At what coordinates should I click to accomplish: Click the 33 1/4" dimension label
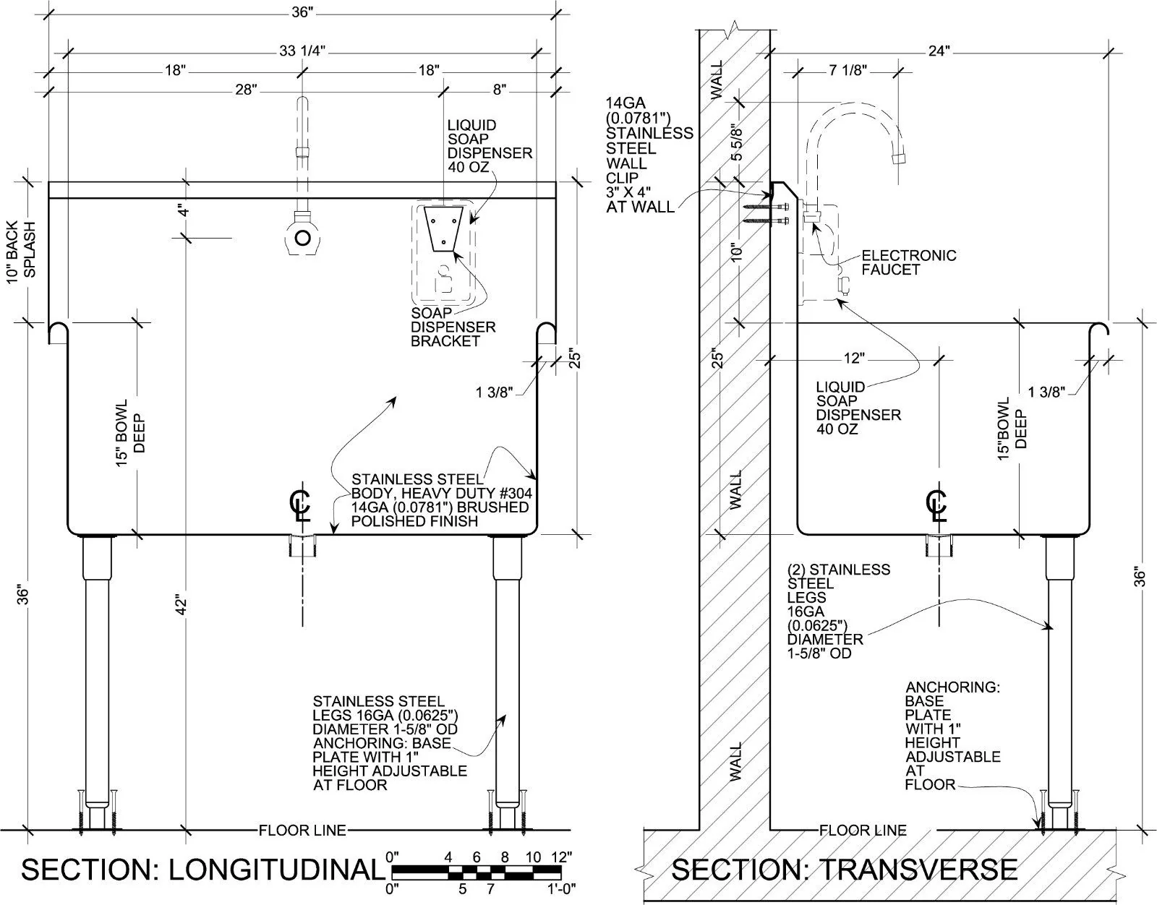coord(302,51)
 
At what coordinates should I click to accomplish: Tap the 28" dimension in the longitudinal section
coord(246,90)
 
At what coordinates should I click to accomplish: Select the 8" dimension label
coord(500,90)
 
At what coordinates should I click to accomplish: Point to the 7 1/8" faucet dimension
coord(848,69)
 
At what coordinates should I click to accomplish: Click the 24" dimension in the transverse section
coord(939,51)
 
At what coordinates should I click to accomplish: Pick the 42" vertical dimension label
coord(182,604)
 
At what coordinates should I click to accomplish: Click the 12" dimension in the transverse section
coord(854,358)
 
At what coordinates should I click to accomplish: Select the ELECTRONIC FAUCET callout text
coord(908,262)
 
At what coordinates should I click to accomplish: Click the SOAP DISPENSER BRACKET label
coord(453,327)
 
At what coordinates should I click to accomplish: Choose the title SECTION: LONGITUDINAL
coord(203,870)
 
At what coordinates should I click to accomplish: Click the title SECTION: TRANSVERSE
coord(844,870)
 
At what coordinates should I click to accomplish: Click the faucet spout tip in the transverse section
coord(899,158)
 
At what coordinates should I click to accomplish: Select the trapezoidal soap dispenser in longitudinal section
coord(443,228)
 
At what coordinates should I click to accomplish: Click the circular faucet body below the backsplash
coord(302,237)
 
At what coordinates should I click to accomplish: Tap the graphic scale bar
coord(477,872)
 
